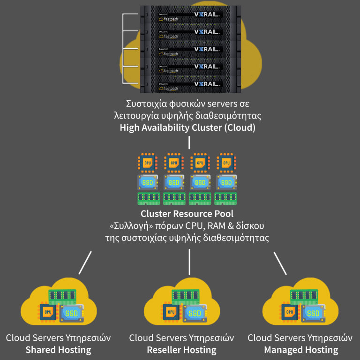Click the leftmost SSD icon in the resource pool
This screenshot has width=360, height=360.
(x=148, y=181)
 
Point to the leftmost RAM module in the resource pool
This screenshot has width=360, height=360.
(x=148, y=198)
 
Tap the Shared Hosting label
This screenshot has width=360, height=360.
(x=59, y=350)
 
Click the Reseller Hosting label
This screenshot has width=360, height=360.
(x=181, y=350)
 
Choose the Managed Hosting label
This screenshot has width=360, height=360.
(x=300, y=350)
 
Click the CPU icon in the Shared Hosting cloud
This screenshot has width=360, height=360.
(x=47, y=312)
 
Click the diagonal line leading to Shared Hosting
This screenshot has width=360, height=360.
(x=85, y=262)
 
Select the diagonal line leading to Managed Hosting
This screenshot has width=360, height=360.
(x=280, y=262)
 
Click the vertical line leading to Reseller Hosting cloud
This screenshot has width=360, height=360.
(x=189, y=262)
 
